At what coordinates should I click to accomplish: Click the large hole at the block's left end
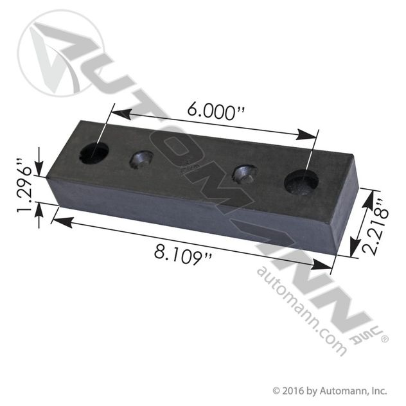(x=94, y=153)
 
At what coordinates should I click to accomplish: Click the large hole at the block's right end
(x=301, y=182)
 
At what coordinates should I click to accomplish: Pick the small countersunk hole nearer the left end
(x=141, y=159)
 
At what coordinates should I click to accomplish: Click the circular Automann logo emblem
(x=61, y=53)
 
